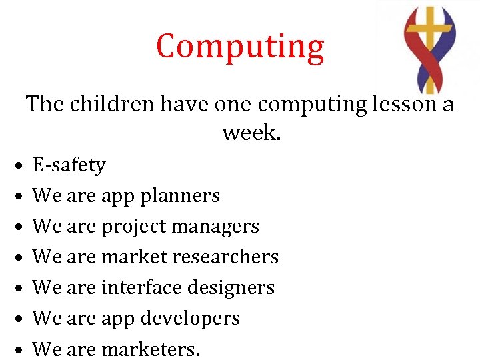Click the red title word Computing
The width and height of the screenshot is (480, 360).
pos(240,47)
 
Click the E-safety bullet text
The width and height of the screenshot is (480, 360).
pos(69,165)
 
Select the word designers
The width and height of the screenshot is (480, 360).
pos(231,287)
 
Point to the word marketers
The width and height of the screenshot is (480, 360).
pos(150,349)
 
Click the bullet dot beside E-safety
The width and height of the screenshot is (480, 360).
pos(21,165)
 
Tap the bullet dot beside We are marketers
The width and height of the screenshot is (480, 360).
pos(21,349)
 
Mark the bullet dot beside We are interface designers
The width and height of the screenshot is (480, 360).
pos(21,288)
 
